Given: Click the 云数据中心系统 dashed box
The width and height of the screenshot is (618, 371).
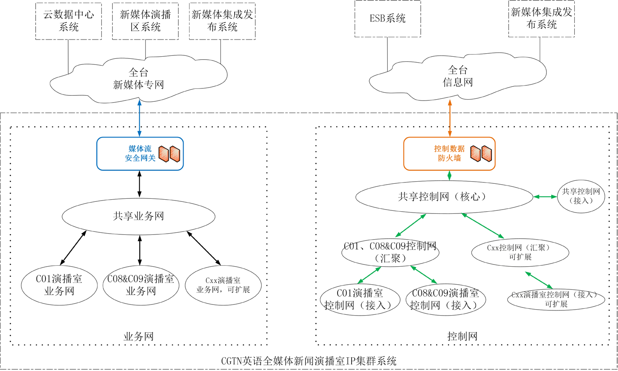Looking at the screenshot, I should pyautogui.click(x=69, y=21).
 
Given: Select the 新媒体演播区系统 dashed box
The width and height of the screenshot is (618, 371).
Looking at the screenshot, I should pyautogui.click(x=145, y=21).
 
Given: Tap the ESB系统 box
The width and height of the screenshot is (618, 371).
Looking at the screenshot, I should pyautogui.click(x=388, y=18).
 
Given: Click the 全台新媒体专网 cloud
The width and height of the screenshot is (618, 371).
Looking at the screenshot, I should pyautogui.click(x=139, y=79).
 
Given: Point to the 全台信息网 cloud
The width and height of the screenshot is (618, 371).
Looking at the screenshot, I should pyautogui.click(x=458, y=76).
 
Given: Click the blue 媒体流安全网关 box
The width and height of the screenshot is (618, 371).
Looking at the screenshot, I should pyautogui.click(x=140, y=154).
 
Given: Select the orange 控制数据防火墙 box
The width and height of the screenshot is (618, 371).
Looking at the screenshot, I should pyautogui.click(x=449, y=154).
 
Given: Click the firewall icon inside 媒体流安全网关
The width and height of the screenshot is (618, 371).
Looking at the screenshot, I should pyautogui.click(x=169, y=154).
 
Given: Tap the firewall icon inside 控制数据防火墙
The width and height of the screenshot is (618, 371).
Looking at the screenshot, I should pyautogui.click(x=481, y=154).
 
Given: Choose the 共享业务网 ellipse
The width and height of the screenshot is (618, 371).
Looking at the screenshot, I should pyautogui.click(x=139, y=216).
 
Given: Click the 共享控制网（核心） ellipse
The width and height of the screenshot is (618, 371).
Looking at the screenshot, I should pyautogui.click(x=444, y=197).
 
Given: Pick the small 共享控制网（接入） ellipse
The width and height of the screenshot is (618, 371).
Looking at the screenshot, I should pyautogui.click(x=581, y=196).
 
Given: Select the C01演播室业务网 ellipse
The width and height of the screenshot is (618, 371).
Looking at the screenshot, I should pyautogui.click(x=59, y=285).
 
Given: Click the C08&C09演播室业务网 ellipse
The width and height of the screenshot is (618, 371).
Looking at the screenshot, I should pyautogui.click(x=141, y=285).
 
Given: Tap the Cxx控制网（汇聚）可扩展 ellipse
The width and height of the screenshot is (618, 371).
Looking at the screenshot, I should pyautogui.click(x=520, y=252).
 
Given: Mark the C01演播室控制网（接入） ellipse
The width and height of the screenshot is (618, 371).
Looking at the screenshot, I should pyautogui.click(x=359, y=300).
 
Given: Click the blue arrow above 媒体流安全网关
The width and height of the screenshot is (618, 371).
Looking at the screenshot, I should pyautogui.click(x=139, y=118).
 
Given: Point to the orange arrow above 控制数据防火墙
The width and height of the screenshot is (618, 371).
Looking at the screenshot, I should pyautogui.click(x=450, y=118).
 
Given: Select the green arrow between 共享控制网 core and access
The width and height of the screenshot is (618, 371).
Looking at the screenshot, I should pyautogui.click(x=545, y=197).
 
